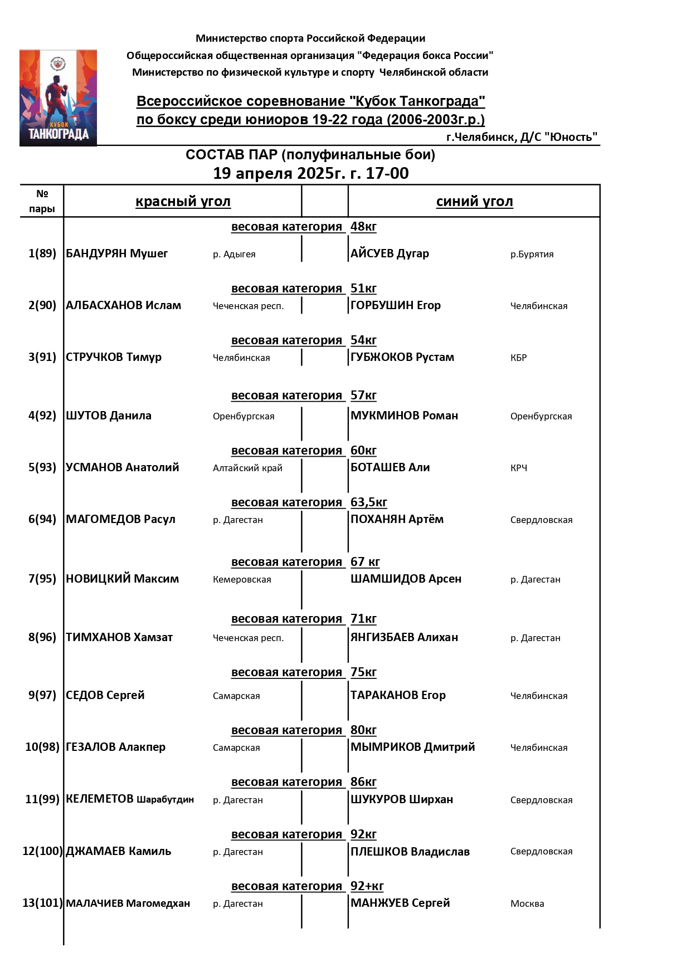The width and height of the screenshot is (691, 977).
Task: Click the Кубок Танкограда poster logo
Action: (x=58, y=98)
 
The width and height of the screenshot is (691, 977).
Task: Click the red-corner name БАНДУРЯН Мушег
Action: (x=116, y=253)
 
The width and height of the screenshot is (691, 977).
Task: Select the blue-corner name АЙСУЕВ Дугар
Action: (x=390, y=253)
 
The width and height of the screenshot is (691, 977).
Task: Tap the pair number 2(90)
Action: (x=42, y=305)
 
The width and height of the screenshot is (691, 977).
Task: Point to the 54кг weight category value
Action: (x=363, y=340)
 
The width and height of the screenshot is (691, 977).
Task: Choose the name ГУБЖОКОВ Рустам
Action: (x=402, y=357)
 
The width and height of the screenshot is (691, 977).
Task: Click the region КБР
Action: (x=518, y=358)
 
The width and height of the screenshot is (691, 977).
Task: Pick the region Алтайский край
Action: (x=247, y=468)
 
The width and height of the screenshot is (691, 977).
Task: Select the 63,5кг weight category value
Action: (x=368, y=502)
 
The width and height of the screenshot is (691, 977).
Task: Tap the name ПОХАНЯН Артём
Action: (x=397, y=519)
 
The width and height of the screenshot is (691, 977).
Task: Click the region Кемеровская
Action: (x=242, y=579)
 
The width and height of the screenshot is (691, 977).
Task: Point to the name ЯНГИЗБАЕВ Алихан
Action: (x=404, y=637)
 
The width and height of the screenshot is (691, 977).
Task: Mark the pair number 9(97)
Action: (x=42, y=695)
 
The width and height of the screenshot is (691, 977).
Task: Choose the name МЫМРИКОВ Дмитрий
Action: (x=412, y=747)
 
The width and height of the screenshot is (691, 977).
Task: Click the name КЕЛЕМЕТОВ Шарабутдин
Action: (x=130, y=799)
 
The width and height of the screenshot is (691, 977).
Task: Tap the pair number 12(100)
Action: (x=42, y=851)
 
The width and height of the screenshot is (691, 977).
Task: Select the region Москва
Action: (x=527, y=903)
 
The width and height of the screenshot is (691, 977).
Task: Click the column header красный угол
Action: (x=183, y=202)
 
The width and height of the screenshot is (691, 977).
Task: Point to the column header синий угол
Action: (x=474, y=202)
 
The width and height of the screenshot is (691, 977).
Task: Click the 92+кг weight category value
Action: (x=367, y=886)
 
